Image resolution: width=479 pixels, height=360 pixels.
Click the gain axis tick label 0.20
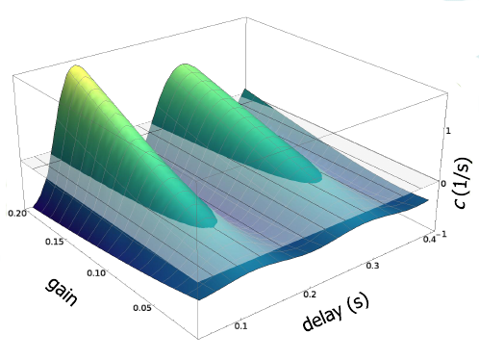(16, 213)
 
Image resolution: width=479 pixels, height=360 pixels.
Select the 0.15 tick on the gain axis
(54, 242)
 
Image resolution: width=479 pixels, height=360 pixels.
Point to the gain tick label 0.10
(96, 273)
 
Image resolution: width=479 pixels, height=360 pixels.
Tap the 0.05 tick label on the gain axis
(142, 308)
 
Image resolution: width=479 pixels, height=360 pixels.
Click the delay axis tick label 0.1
(240, 326)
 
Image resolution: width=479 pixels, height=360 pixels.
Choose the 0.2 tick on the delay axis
(310, 294)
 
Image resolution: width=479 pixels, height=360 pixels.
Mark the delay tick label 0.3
(372, 266)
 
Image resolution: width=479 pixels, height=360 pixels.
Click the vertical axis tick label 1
(448, 131)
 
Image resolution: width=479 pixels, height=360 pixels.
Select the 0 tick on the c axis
(443, 184)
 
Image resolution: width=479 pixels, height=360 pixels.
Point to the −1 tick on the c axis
(441, 234)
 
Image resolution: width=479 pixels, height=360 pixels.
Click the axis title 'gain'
(63, 292)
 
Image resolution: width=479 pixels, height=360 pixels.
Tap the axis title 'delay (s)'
(336, 313)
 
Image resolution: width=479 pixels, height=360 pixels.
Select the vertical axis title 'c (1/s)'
(464, 183)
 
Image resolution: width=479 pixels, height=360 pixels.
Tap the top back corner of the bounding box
(246, 17)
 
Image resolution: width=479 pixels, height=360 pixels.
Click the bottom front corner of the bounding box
(198, 339)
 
